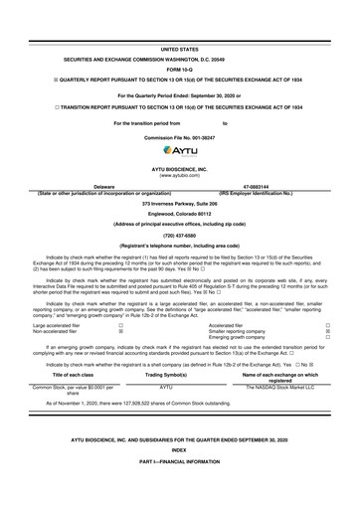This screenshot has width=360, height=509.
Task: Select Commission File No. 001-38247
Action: pyautogui.click(x=180, y=134)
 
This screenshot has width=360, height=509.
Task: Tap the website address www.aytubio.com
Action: pyautogui.click(x=180, y=174)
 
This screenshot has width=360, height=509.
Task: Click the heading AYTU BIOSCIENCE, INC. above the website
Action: pyautogui.click(x=180, y=166)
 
